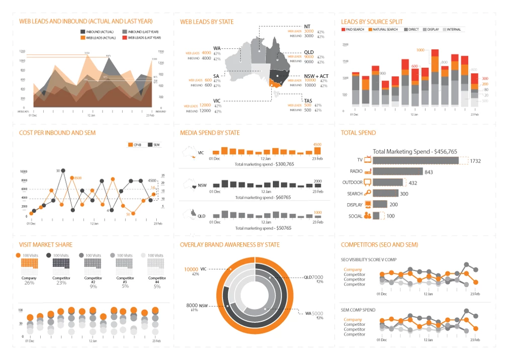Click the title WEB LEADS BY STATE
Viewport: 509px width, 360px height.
point(207,22)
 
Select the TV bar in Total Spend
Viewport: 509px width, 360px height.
point(417,160)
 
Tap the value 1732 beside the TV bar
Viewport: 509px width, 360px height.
point(475,161)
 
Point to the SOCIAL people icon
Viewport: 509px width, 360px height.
point(368,216)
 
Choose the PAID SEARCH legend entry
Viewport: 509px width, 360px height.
point(355,30)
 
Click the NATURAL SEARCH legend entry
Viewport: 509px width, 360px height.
point(385,30)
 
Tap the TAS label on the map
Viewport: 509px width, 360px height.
point(308,101)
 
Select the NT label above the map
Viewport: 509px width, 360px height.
point(308,26)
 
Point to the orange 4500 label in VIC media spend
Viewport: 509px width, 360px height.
point(317,144)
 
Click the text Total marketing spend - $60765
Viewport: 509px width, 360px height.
point(263,197)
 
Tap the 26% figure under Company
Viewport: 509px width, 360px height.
point(29,283)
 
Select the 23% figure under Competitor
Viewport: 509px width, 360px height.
point(61,283)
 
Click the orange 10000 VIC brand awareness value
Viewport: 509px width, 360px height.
point(191,269)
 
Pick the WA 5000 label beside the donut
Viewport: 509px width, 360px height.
point(314,313)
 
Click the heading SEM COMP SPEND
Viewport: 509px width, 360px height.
point(359,310)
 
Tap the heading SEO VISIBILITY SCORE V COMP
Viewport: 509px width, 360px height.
point(369,259)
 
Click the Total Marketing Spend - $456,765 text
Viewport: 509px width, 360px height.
point(415,151)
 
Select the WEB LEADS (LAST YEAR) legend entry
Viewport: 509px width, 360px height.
point(144,37)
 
